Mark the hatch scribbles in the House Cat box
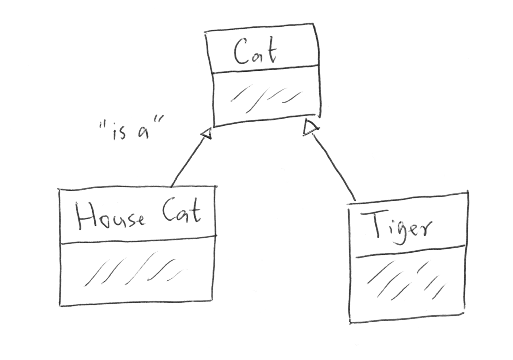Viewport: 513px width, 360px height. point(136,269)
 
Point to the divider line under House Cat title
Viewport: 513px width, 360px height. point(137,239)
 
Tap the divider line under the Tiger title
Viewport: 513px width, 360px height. point(410,251)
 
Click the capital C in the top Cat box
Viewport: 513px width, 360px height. point(241,52)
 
